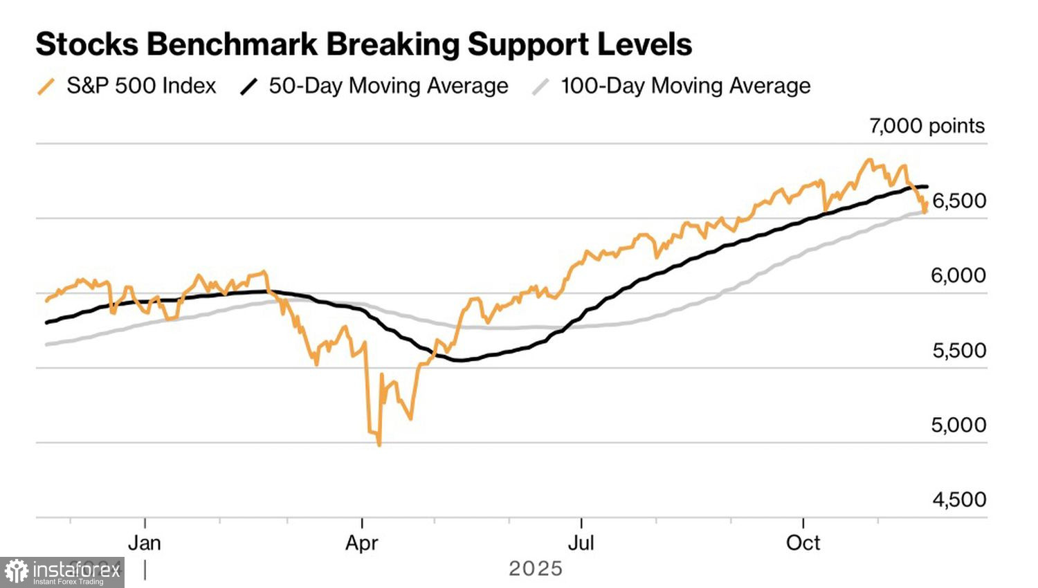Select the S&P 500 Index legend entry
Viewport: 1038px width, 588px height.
point(141,86)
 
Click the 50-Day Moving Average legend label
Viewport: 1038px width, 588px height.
point(388,86)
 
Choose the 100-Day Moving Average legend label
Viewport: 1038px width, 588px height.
point(685,86)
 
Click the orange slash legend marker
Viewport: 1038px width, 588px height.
point(46,86)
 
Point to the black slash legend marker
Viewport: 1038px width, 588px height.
point(248,86)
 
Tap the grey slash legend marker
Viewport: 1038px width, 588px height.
point(540,86)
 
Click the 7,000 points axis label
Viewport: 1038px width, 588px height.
point(927,126)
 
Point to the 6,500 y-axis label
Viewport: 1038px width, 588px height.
point(959,201)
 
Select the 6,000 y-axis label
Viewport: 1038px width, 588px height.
point(958,275)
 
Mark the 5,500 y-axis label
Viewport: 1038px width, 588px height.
point(959,350)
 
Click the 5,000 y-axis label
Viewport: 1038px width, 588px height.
point(958,425)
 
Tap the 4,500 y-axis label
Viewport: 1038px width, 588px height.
point(959,499)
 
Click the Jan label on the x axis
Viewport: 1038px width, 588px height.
point(145,543)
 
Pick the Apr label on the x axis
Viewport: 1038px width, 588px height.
point(362,543)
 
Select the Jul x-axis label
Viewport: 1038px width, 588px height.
point(581,543)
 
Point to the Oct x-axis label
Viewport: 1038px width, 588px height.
point(803,543)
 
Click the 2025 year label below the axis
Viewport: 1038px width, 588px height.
point(536,569)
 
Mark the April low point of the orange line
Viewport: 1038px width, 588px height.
point(379,445)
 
